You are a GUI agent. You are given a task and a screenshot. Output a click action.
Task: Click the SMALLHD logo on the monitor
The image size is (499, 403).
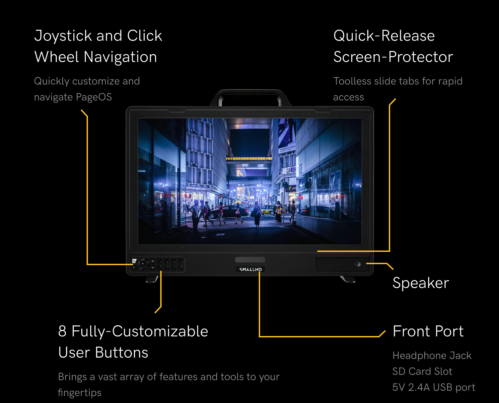pyautogui.click(x=250, y=269)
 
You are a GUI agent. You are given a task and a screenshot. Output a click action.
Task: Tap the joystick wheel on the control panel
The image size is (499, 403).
pyautogui.click(x=143, y=264)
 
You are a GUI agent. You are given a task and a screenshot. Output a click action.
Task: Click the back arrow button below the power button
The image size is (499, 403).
pyautogui.click(x=134, y=267)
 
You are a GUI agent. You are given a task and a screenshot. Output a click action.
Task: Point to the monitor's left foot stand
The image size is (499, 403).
pyautogui.click(x=152, y=279)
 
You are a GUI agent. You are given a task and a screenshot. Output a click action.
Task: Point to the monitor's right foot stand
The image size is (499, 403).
pyautogui.click(x=348, y=279)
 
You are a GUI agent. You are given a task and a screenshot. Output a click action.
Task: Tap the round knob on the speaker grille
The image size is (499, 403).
pyautogui.click(x=358, y=264)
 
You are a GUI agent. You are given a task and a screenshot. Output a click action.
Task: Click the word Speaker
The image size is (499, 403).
pyautogui.click(x=421, y=283)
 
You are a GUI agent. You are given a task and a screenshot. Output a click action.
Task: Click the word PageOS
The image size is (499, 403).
pyautogui.click(x=94, y=97)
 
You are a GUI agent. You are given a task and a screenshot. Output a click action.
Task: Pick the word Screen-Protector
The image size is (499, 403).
pyautogui.click(x=393, y=57)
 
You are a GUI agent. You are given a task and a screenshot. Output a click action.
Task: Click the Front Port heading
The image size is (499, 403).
pyautogui.click(x=428, y=331)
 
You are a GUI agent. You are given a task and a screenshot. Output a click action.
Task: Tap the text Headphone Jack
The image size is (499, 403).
pyautogui.click(x=432, y=356)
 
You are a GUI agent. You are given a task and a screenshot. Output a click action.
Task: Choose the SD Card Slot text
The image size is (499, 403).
pyautogui.click(x=422, y=372)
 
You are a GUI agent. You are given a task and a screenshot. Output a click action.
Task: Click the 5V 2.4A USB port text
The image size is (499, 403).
pyautogui.click(x=434, y=387)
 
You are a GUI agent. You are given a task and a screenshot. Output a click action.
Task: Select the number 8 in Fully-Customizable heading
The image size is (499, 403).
pyautogui.click(x=62, y=331)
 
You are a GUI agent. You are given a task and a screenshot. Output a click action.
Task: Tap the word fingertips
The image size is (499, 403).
pyautogui.click(x=80, y=392)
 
